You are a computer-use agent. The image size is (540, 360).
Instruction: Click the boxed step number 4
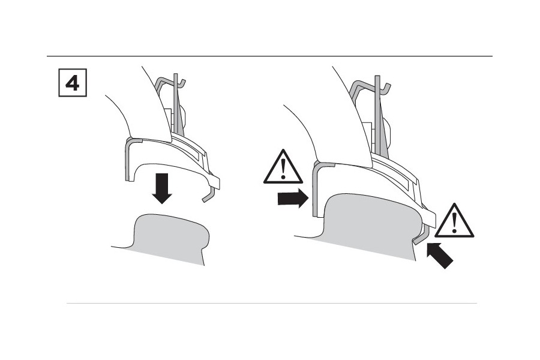[x=71, y=83]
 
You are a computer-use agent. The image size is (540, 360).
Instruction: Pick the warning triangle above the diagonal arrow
[x=454, y=221]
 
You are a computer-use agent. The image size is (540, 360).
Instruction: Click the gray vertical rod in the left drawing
[x=176, y=108]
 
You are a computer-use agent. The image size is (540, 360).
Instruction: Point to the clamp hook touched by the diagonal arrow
[x=418, y=235]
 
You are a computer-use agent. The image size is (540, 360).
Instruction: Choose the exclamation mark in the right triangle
[x=454, y=223]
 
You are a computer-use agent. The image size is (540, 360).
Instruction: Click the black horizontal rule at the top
[x=270, y=56]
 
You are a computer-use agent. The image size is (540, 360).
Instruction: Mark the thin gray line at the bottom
[x=270, y=303]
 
